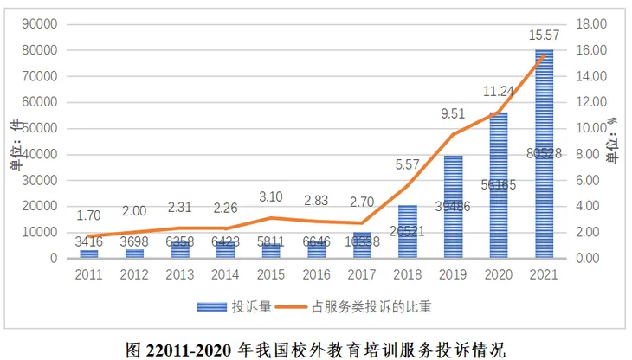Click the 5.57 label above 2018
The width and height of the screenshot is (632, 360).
pos(407,164)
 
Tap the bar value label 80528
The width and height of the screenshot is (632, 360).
pos(544,155)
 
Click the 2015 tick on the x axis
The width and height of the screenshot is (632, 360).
pos(271,274)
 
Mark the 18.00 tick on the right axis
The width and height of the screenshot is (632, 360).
pos(592,24)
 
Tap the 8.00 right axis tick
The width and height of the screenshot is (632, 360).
pos(592,154)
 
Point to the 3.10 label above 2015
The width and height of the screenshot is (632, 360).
pos(271,196)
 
